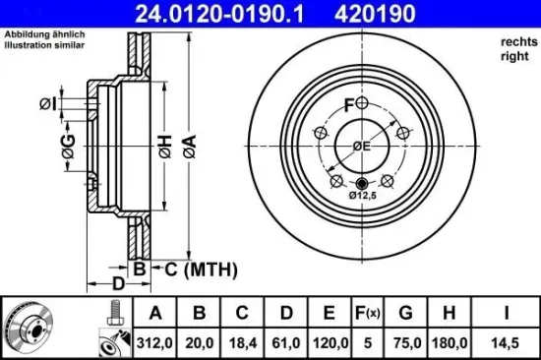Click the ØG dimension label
tap(68, 149)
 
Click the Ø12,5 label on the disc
tap(362, 196)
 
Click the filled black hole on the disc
tap(360, 183)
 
